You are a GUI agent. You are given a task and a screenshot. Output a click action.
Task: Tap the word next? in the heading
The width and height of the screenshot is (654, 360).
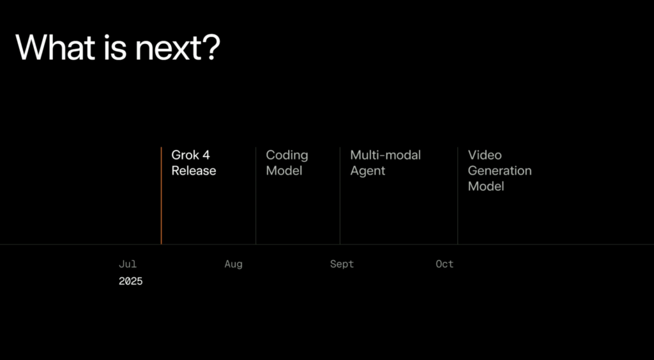(178, 49)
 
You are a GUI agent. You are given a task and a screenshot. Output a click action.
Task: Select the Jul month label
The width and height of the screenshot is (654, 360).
(128, 264)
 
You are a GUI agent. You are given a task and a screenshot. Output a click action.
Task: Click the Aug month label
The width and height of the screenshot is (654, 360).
(233, 265)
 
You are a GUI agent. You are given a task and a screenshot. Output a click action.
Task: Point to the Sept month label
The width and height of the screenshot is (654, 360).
(342, 265)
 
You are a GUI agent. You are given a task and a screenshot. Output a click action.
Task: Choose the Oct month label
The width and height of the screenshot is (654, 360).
(445, 264)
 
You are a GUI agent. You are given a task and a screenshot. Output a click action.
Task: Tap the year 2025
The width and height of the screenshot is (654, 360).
(130, 281)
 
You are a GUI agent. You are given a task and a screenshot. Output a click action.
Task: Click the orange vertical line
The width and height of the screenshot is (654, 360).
(161, 195)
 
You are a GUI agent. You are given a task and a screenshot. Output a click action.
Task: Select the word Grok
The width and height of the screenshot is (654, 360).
(185, 155)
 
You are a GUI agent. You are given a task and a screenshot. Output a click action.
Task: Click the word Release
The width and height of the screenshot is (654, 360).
(194, 171)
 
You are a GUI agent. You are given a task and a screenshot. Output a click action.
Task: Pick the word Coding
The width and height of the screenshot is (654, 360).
(287, 156)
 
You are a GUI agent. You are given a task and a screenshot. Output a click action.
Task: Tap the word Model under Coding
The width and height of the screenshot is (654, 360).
(284, 171)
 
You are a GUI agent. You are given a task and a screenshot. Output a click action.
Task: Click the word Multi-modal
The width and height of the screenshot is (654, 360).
(385, 155)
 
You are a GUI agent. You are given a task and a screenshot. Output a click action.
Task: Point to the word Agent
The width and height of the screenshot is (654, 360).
(367, 172)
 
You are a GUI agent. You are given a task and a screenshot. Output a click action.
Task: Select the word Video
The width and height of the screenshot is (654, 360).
(485, 155)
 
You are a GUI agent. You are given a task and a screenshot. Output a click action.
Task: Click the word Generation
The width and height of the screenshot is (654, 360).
(499, 171)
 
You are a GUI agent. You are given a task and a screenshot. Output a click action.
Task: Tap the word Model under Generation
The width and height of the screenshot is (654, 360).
(486, 186)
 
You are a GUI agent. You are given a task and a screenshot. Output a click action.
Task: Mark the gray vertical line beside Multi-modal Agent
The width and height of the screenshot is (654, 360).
(340, 195)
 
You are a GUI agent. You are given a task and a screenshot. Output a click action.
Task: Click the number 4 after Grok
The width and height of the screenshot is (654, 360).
(206, 155)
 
